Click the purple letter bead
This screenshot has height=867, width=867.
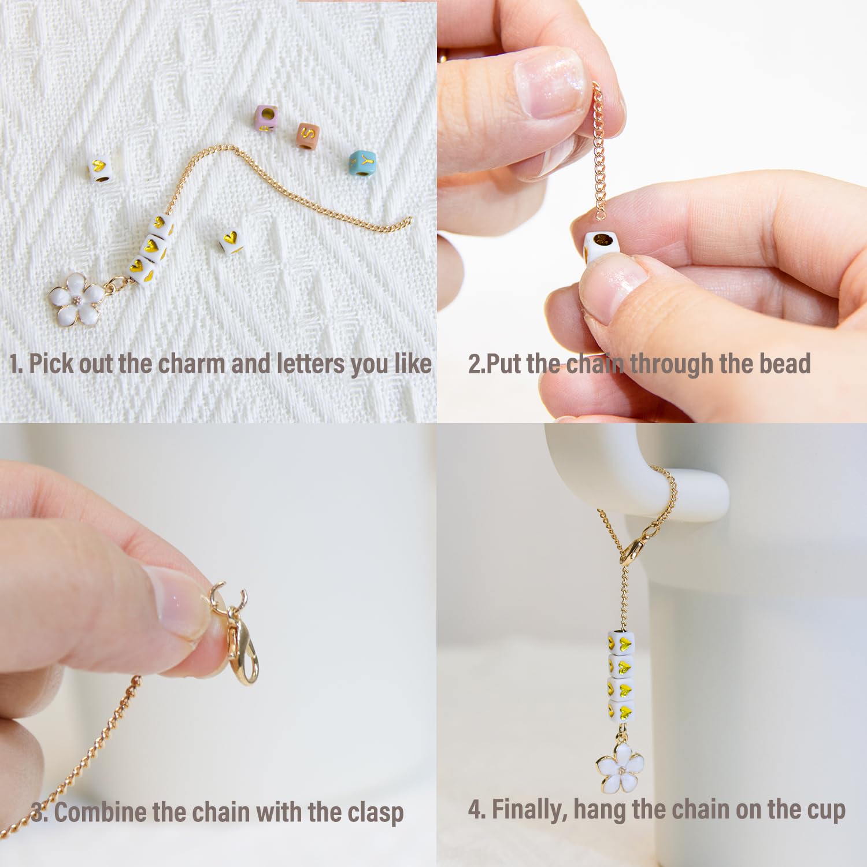coord(266,119)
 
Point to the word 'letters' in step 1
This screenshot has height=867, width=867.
coord(310,364)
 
